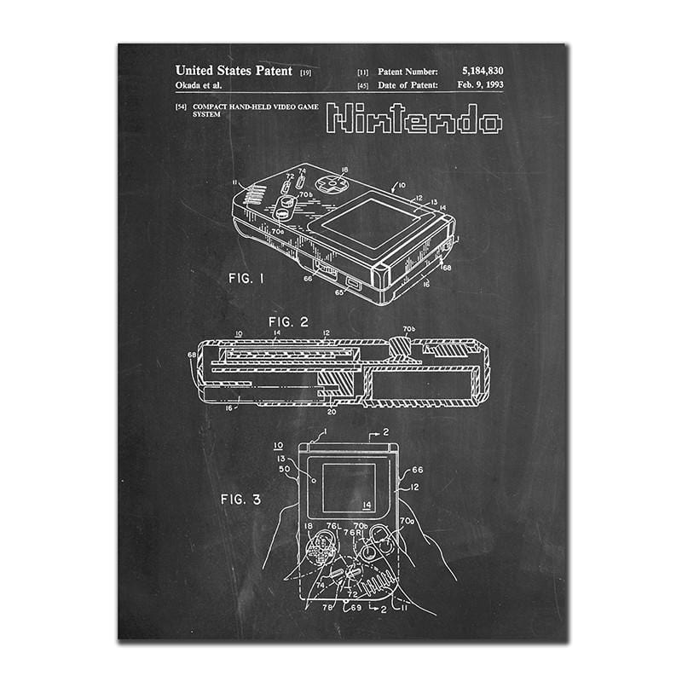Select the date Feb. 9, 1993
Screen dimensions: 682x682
pos(480,85)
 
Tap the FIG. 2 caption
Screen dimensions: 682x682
pos(288,321)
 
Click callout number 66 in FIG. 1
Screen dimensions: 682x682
pos(307,276)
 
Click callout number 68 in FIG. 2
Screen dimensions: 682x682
pos(191,355)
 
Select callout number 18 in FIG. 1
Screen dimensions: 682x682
pos(344,170)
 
